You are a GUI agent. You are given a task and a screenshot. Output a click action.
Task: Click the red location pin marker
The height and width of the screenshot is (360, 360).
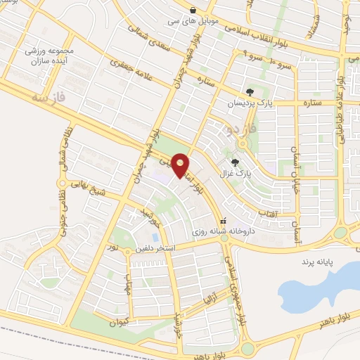click(x=181, y=165)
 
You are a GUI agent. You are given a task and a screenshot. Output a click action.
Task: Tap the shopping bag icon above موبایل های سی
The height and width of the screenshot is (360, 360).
click(x=193, y=9)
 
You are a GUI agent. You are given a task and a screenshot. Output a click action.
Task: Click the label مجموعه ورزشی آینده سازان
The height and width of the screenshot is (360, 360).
click(x=50, y=56)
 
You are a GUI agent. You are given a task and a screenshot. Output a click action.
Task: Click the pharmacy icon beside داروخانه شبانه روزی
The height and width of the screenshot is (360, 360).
click(x=224, y=220)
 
